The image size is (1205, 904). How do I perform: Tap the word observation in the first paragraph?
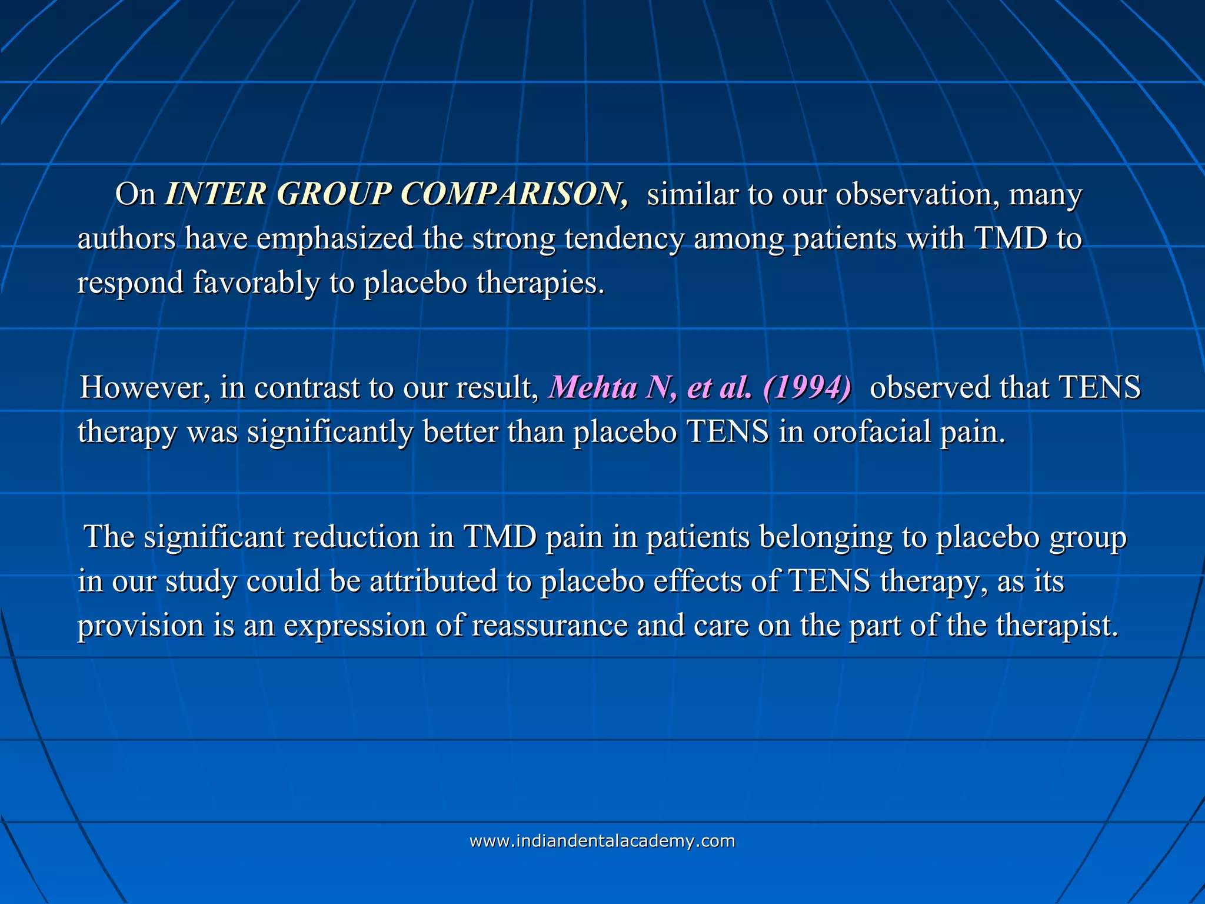tap(918, 194)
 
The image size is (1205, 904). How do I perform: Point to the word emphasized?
tap(335, 239)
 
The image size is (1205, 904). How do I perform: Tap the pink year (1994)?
tap(807, 387)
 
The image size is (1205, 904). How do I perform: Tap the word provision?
tap(141, 625)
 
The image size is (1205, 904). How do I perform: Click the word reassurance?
tap(550, 625)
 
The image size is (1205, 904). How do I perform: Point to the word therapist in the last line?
tap(1056, 625)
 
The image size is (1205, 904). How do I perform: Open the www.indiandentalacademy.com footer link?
tap(602, 841)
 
